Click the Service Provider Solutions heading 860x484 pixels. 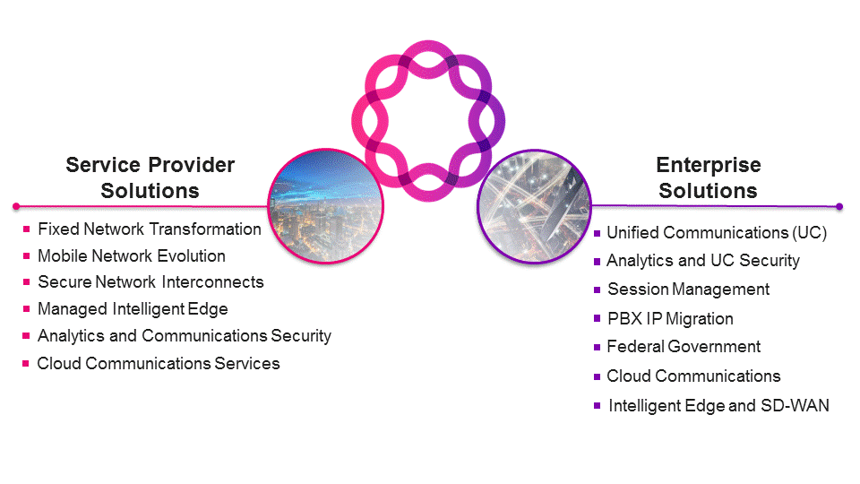click(150, 177)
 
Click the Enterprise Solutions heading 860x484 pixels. click(708, 177)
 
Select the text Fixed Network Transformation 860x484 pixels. click(149, 229)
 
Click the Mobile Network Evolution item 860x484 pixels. click(131, 255)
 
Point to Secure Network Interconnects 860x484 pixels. click(150, 281)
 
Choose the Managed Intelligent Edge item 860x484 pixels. click(133, 308)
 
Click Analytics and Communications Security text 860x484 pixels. click(184, 335)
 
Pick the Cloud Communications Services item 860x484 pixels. click(159, 363)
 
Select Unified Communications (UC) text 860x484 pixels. click(717, 233)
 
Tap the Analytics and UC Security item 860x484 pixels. click(703, 261)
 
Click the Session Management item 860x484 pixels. click(688, 290)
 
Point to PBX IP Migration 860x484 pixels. click(670, 318)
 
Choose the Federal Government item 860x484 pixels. click(684, 346)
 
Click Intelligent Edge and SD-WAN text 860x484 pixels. click(718, 405)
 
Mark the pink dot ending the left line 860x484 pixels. click(14, 206)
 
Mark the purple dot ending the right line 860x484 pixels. click(839, 206)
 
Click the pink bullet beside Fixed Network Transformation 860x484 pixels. click(27, 229)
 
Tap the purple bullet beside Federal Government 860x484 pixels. click(598, 347)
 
